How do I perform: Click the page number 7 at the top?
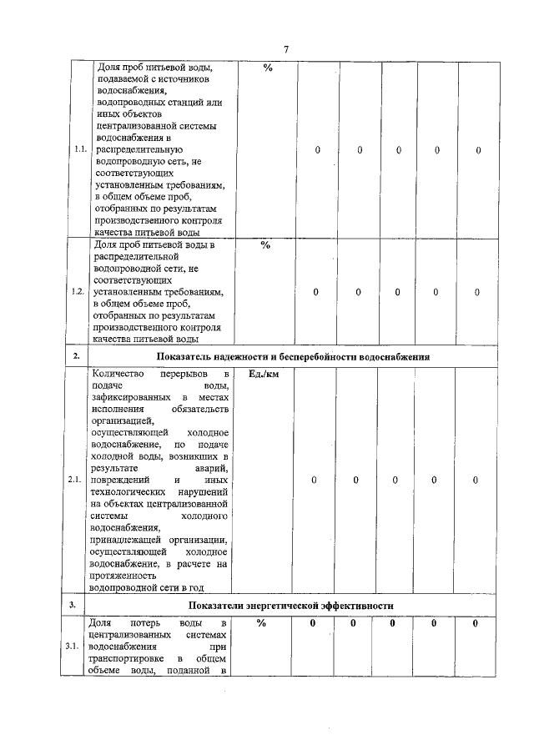[286, 49]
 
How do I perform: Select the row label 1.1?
[79, 150]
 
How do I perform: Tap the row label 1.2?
[79, 292]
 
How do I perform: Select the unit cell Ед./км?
[264, 375]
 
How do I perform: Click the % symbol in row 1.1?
[267, 68]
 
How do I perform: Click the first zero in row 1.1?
[318, 150]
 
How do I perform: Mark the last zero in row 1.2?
[477, 292]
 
